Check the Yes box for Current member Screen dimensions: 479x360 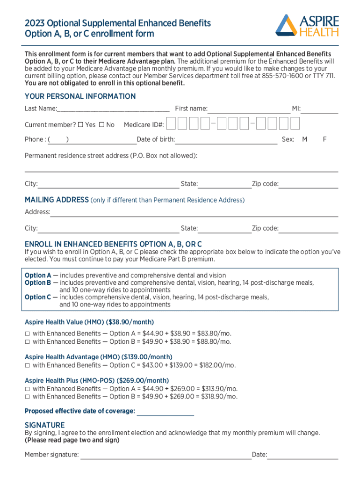[80, 125]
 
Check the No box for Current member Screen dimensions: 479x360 [101, 125]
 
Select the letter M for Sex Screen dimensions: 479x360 [304, 139]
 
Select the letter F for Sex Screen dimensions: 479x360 [324, 139]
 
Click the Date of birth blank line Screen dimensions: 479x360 [226, 140]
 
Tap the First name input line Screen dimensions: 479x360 [249, 109]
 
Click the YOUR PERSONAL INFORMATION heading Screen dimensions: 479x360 [80, 96]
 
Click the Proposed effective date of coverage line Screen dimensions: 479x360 [165, 412]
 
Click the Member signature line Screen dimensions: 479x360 [166, 455]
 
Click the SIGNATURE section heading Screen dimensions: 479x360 [44, 425]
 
